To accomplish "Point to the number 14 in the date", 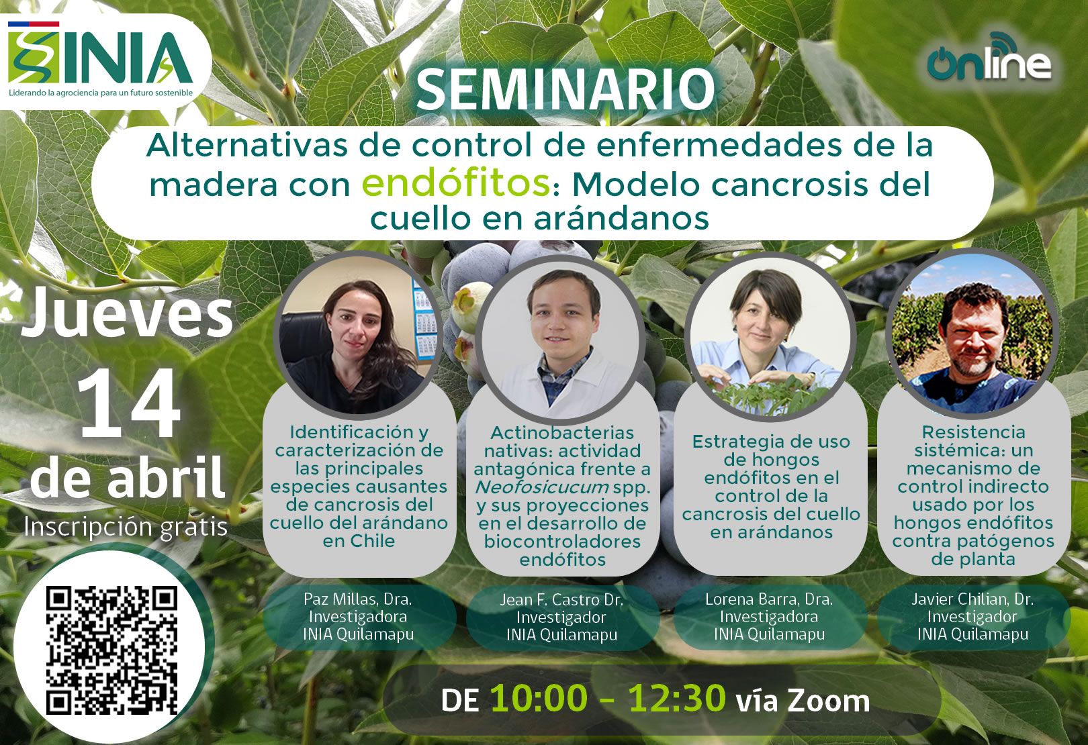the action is point(129,403).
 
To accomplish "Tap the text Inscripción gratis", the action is point(126,527).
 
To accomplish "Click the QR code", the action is point(112,650).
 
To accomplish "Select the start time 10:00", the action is point(538,698).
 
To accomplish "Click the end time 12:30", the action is point(677,698).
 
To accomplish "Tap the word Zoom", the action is point(829,701).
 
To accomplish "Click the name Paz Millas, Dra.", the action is point(358,599).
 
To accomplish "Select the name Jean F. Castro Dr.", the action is point(561,600).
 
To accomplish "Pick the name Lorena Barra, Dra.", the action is point(769,599).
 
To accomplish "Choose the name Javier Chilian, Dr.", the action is point(972,599).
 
